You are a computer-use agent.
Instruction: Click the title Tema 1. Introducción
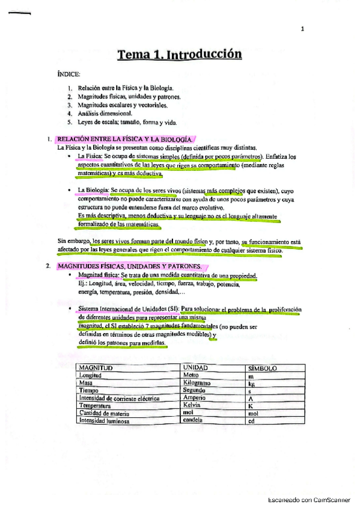(179, 55)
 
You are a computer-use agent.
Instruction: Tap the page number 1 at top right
(302, 29)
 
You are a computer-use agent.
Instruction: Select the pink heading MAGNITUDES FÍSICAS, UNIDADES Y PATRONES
(130, 265)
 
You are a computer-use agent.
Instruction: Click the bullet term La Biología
(93, 191)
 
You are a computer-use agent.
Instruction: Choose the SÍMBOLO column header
(262, 367)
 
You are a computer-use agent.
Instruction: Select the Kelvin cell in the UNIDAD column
(191, 405)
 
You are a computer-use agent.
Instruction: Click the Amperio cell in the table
(194, 398)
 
